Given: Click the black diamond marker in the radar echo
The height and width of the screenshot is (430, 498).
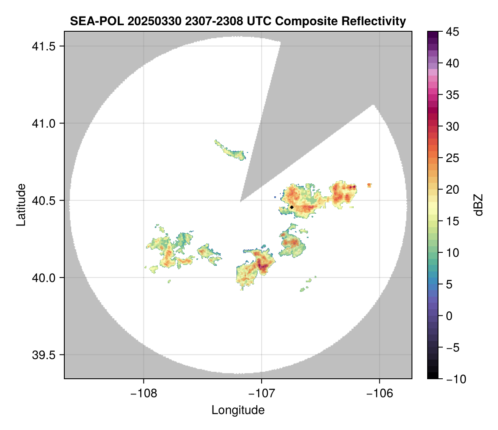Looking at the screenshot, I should coord(292,207).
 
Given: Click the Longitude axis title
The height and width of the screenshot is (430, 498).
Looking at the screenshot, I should coord(238,410).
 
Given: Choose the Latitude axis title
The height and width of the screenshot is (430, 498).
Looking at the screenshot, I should coord(20,205).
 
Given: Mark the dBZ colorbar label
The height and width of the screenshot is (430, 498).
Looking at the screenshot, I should coord(478,205).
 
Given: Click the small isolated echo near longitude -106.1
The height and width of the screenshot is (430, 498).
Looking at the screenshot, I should coord(369,185).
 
